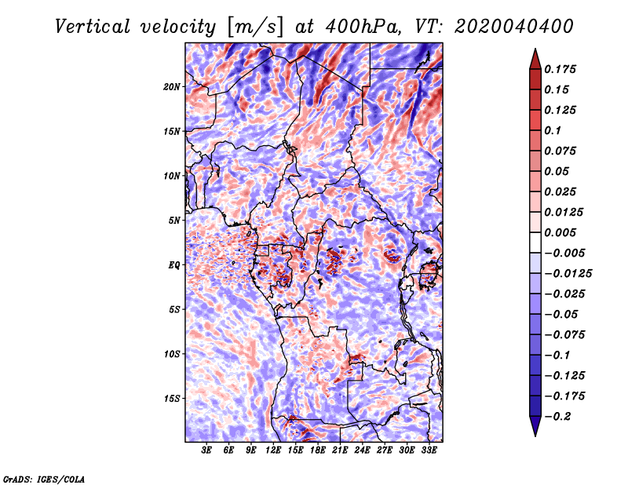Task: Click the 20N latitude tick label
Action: [172, 86]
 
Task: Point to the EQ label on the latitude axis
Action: [174, 265]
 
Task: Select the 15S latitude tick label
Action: [172, 399]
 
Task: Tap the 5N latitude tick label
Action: [174, 221]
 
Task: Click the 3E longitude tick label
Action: [207, 451]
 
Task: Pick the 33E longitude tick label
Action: [429, 451]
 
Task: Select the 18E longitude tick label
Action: [318, 451]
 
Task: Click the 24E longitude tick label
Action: [363, 451]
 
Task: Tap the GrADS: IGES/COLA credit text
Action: [44, 478]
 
